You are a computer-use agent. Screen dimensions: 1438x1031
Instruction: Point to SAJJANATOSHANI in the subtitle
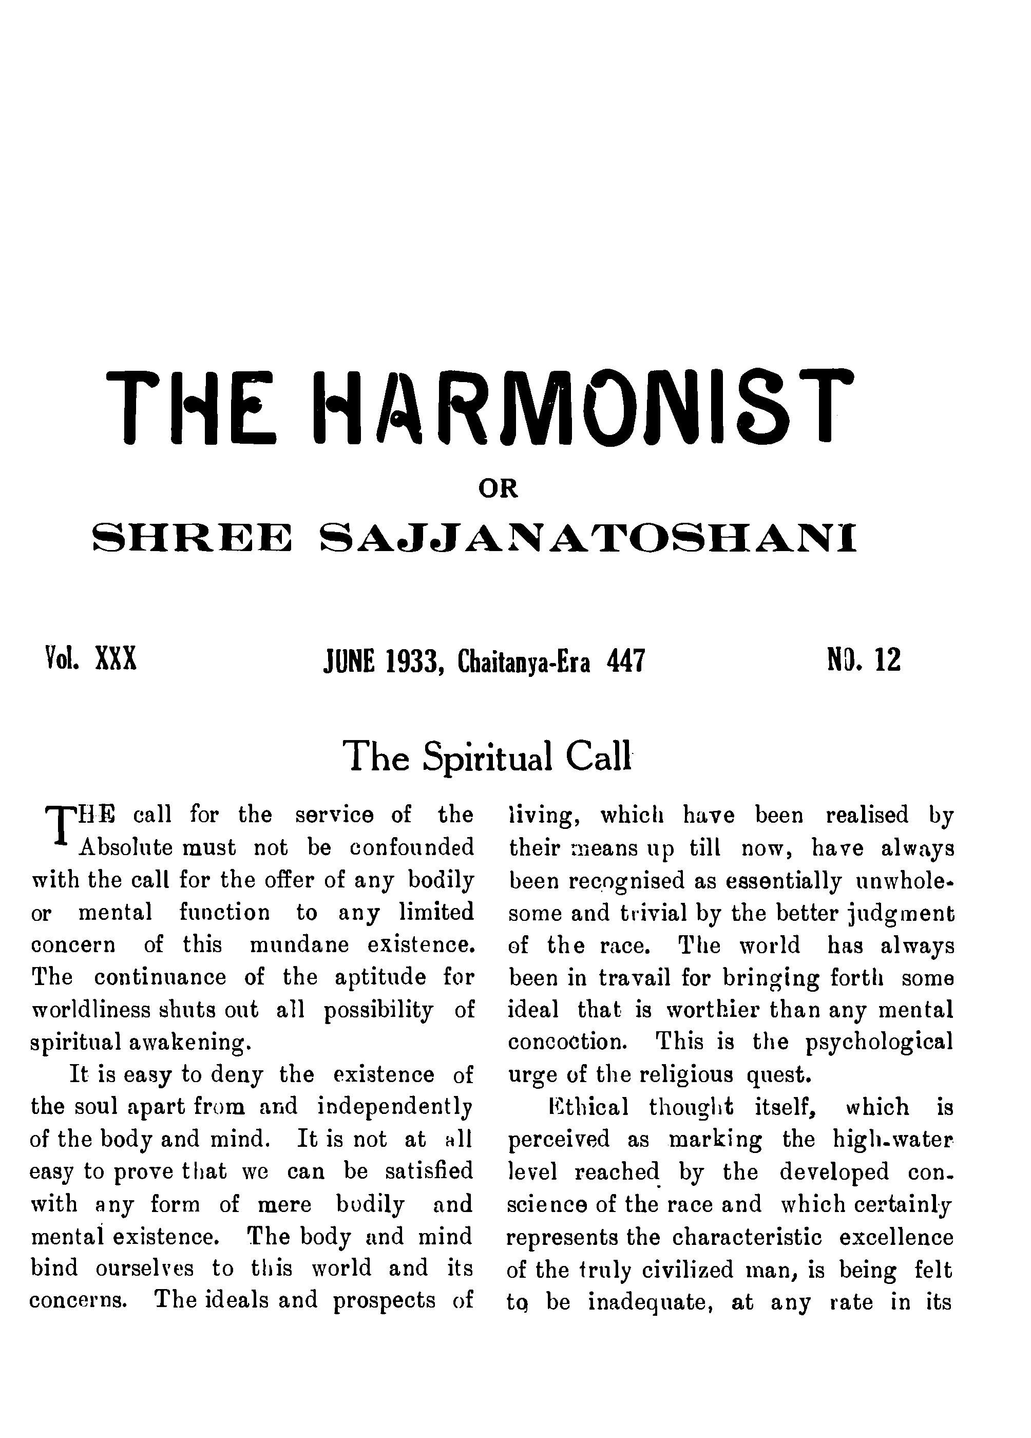pos(587,538)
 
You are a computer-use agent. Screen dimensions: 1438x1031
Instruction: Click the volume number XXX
pos(116,659)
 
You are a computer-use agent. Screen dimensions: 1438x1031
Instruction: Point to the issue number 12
pos(888,659)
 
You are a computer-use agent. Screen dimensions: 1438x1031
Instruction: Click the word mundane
pos(299,945)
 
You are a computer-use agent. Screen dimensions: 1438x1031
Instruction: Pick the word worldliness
pos(91,1010)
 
